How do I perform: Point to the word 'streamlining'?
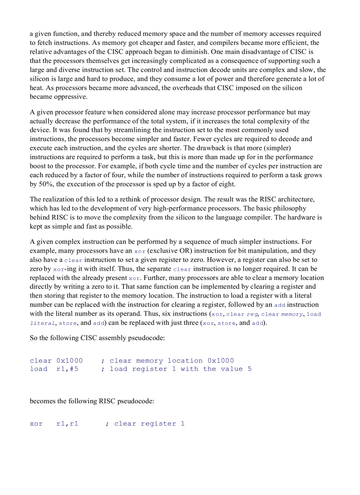pos(139,130)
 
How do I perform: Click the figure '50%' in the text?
pos(45,184)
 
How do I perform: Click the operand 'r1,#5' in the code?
pos(67,369)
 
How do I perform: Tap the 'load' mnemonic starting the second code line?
pos(38,369)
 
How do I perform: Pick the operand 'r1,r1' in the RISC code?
pos(67,424)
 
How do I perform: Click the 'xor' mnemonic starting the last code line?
pos(36,424)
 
